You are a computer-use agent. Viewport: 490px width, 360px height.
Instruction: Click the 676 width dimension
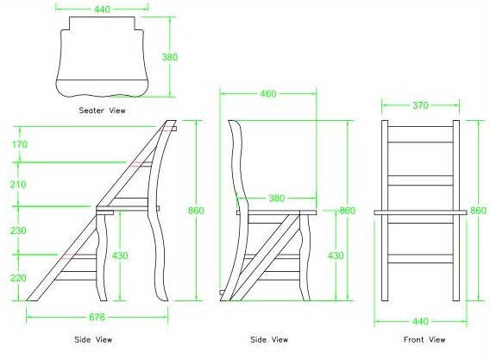97,317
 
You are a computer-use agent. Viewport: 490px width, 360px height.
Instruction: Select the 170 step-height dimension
20,144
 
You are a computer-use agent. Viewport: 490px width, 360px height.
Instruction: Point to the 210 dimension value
18,185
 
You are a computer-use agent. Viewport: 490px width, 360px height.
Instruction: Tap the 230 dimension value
18,231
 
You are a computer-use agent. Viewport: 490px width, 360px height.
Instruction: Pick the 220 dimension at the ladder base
18,278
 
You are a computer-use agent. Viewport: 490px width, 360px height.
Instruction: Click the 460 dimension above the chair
268,94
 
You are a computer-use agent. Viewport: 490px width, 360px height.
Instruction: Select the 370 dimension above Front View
420,105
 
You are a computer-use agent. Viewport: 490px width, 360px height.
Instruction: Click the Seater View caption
102,111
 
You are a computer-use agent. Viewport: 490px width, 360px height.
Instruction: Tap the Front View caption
424,339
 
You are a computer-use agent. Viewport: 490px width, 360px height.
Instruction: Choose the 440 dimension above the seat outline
102,9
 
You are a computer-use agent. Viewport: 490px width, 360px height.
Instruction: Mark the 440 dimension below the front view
420,321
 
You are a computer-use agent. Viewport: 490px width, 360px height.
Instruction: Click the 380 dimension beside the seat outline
170,57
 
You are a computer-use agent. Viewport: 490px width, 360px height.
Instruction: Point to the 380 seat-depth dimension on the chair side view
277,199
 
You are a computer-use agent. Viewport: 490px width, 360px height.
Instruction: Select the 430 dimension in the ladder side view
120,256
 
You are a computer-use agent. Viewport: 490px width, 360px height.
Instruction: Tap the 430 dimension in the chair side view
336,256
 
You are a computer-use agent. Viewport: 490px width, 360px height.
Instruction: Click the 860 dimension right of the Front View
479,211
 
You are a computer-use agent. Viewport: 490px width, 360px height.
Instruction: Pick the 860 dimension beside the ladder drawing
196,211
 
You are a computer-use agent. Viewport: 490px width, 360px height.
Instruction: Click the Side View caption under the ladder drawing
93,339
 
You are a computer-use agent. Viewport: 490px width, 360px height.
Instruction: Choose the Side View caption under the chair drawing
269,339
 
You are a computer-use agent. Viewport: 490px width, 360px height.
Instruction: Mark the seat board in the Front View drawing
420,212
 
